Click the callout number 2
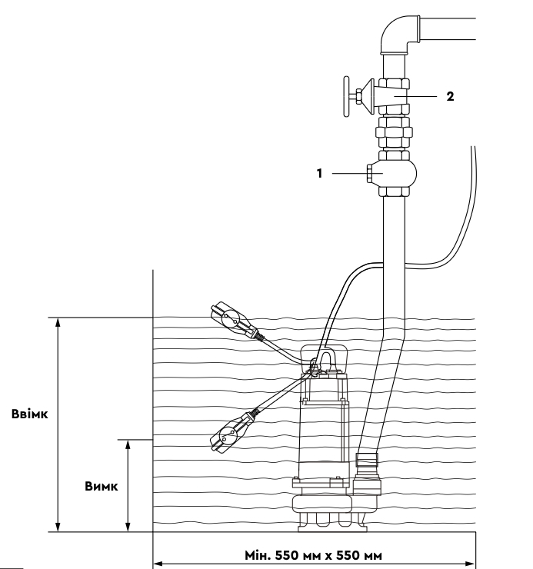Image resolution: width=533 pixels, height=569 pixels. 450,97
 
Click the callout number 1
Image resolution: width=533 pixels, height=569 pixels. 319,174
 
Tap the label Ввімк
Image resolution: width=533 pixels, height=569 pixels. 30,414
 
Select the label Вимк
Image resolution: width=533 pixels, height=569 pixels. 102,486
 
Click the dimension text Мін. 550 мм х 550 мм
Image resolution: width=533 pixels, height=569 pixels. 313,555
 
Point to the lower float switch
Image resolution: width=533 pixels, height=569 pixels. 232,431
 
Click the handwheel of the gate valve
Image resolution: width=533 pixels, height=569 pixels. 346,97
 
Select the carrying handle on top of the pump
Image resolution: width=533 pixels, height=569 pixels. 325,359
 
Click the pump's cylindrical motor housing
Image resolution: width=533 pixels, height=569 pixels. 323,439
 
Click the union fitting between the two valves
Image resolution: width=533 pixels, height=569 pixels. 394,132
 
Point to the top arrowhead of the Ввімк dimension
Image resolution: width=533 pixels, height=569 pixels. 58,322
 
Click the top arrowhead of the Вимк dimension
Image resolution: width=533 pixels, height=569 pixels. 128,444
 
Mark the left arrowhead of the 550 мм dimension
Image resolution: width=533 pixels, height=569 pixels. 158,564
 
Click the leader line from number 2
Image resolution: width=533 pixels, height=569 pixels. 415,97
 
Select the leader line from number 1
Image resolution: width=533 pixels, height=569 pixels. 358,174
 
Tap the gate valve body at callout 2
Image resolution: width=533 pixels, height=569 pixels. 394,97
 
